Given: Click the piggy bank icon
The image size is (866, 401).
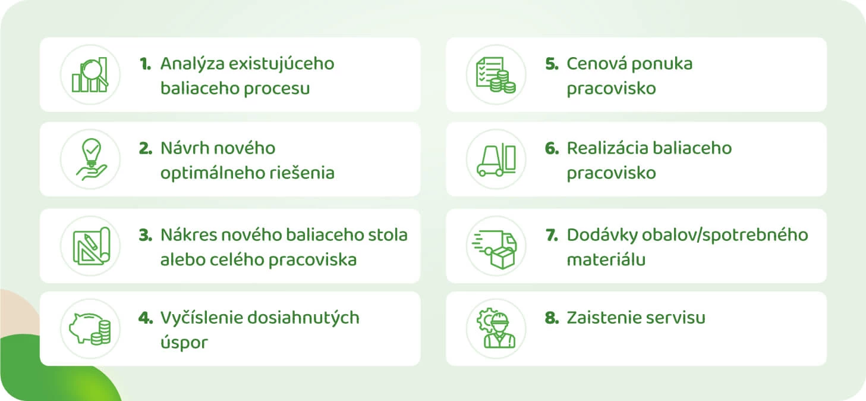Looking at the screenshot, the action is click(90, 328).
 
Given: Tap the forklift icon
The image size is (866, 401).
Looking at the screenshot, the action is click(496, 159).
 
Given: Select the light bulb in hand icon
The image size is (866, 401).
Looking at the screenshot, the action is click(92, 159).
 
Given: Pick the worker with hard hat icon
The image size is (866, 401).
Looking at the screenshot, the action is click(496, 328).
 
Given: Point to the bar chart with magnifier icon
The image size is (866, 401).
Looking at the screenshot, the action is click(90, 75).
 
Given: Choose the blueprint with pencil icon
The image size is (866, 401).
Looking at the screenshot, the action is click(92, 246).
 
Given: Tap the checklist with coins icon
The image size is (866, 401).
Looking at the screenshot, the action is click(496, 75).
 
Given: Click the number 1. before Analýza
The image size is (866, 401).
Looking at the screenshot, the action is click(146, 64).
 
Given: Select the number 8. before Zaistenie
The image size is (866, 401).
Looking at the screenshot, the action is click(552, 318).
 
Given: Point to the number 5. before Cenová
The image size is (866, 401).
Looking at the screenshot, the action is click(552, 64).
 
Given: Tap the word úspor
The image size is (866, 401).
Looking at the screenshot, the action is click(184, 343).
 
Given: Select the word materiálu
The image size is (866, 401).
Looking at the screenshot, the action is click(606, 259).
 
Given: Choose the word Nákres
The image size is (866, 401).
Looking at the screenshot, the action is click(188, 235).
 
